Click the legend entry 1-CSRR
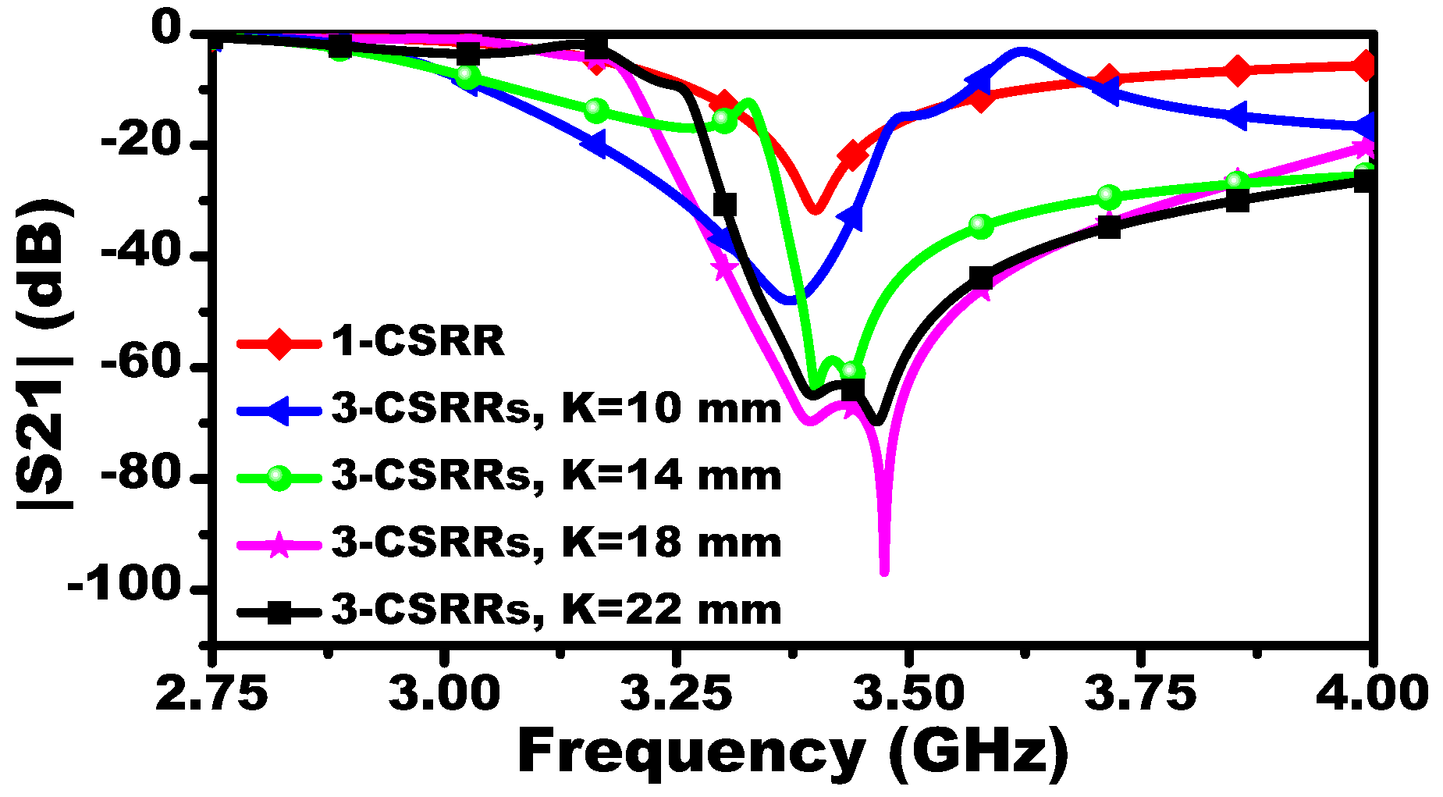[418, 341]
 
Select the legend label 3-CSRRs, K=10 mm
[556, 408]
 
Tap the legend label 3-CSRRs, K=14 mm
[556, 475]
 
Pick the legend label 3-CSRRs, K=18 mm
[556, 543]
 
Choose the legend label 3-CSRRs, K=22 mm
[556, 610]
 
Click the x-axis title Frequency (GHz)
[792, 751]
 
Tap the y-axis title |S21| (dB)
[44, 355]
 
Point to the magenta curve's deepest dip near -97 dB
[884, 572]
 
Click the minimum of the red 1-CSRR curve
[814, 209]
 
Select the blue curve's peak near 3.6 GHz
[1022, 52]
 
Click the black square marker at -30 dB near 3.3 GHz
[724, 205]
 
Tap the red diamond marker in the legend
[279, 343]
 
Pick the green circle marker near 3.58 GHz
[981, 226]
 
